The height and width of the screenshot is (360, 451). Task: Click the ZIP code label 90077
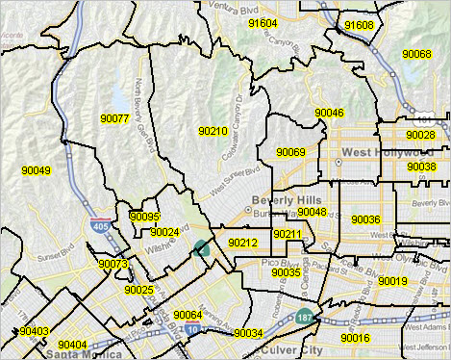[x=114, y=118]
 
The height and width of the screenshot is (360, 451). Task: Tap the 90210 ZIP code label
[x=213, y=131]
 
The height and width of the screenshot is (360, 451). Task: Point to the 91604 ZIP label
[x=262, y=23]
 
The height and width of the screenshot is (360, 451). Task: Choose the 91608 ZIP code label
[x=358, y=25]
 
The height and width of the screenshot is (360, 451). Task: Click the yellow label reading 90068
[x=416, y=55]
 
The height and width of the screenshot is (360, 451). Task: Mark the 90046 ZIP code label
[x=329, y=114]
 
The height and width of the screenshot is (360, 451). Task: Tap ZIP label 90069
[x=290, y=152]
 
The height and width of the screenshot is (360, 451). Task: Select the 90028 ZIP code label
[x=420, y=135]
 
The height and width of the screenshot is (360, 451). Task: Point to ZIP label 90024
[x=165, y=232]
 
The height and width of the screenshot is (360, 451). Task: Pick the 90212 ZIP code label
[x=242, y=244]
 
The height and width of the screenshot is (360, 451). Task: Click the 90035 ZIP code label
[x=287, y=272]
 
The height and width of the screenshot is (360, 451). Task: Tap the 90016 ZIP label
[x=354, y=338]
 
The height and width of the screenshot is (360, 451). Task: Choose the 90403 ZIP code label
[x=34, y=331]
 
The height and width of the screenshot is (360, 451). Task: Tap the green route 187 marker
[x=306, y=315]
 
